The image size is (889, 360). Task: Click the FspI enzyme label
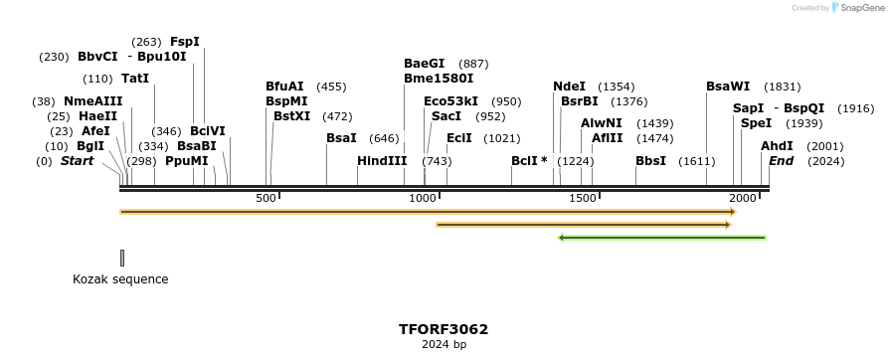pyautogui.click(x=185, y=42)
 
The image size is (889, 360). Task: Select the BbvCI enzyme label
pyautogui.click(x=97, y=57)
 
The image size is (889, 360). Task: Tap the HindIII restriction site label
pyautogui.click(x=382, y=160)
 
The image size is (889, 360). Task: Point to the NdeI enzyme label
pyautogui.click(x=569, y=87)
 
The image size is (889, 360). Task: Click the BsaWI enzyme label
pyautogui.click(x=728, y=87)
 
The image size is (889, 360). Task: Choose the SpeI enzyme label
pyautogui.click(x=756, y=123)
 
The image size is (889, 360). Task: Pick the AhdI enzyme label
pyautogui.click(x=777, y=146)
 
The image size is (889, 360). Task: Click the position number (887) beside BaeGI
pyautogui.click(x=474, y=64)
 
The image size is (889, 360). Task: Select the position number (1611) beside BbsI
pyautogui.click(x=697, y=161)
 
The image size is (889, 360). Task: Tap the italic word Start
pyautogui.click(x=77, y=161)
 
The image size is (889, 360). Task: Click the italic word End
pyautogui.click(x=782, y=161)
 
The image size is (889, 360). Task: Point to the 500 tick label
pyautogui.click(x=266, y=199)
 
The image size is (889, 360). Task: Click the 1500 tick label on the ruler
pyautogui.click(x=582, y=199)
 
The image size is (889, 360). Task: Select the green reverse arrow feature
pyautogui.click(x=662, y=238)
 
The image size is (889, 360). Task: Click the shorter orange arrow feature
pyautogui.click(x=584, y=225)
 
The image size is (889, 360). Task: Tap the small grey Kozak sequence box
pyautogui.click(x=122, y=258)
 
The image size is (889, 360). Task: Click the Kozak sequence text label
pyautogui.click(x=120, y=279)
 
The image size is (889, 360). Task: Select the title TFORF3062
pyautogui.click(x=444, y=329)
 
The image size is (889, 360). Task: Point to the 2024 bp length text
pyautogui.click(x=444, y=345)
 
